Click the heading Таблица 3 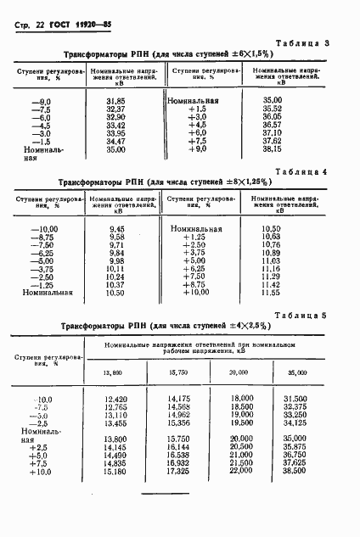(324, 42)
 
